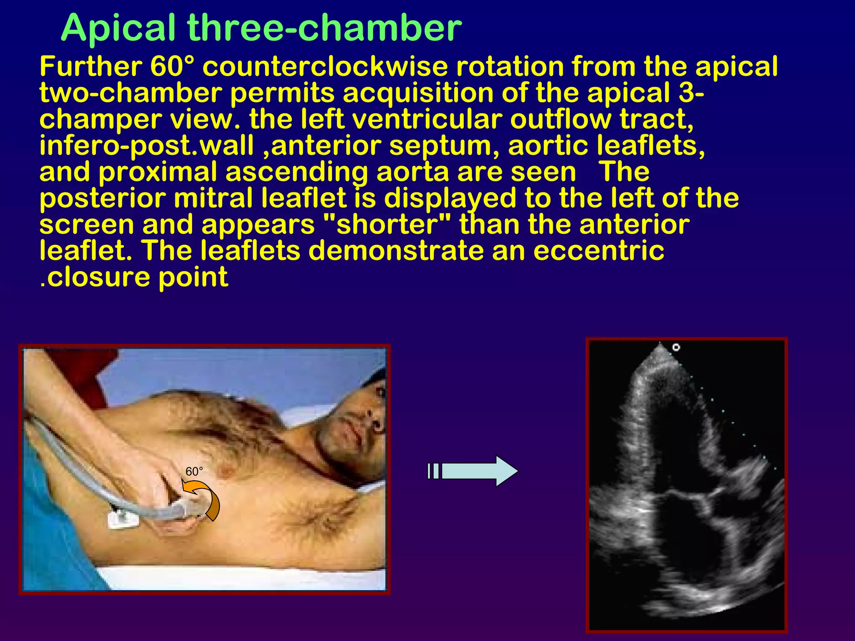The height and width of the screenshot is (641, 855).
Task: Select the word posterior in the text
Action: click(x=102, y=198)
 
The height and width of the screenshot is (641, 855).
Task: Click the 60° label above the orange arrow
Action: click(x=194, y=472)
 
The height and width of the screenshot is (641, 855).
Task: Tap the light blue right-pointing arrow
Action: click(x=474, y=471)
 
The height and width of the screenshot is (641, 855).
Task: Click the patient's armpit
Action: click(x=311, y=517)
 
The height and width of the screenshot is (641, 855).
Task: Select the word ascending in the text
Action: click(x=296, y=172)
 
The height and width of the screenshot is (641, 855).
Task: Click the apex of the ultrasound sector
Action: click(x=660, y=343)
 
